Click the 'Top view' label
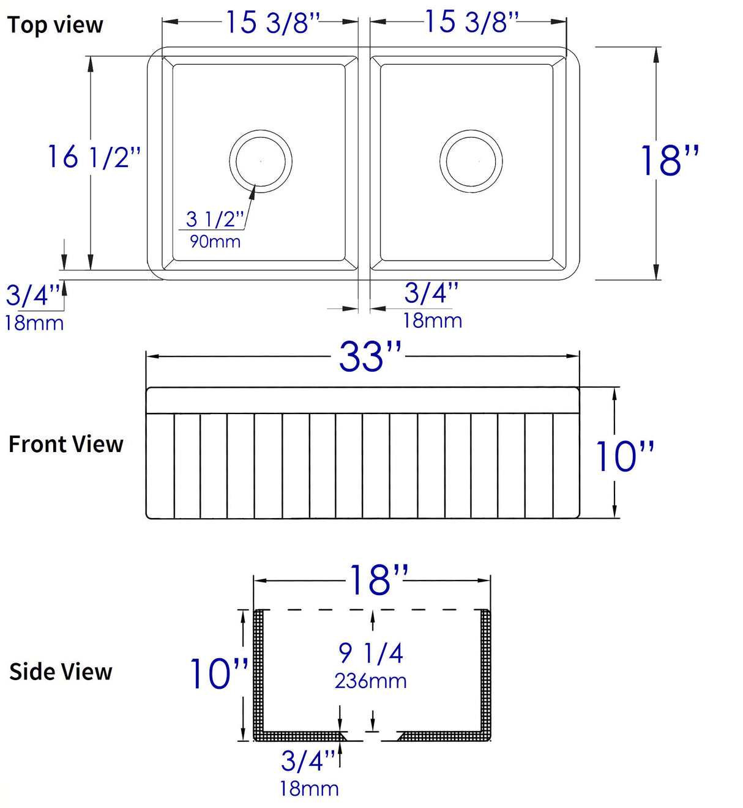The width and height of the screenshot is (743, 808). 55,25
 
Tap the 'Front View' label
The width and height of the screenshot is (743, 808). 66,444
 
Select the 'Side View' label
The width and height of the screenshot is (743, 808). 61,672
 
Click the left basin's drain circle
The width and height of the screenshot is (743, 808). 261,161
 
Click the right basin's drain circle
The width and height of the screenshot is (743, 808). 471,161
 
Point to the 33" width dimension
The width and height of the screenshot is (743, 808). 370,357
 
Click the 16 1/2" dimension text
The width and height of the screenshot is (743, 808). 94,157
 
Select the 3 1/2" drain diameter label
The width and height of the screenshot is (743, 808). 215,218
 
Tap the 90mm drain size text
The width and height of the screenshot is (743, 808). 215,242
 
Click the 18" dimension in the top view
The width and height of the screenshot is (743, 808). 669,161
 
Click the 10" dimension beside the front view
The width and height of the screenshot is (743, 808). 624,456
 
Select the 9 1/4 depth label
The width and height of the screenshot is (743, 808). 371,653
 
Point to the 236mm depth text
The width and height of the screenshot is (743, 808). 371,681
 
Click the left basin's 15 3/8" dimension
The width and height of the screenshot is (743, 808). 273,23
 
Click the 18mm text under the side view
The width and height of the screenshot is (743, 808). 309,789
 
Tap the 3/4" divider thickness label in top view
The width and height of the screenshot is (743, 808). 431,293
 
